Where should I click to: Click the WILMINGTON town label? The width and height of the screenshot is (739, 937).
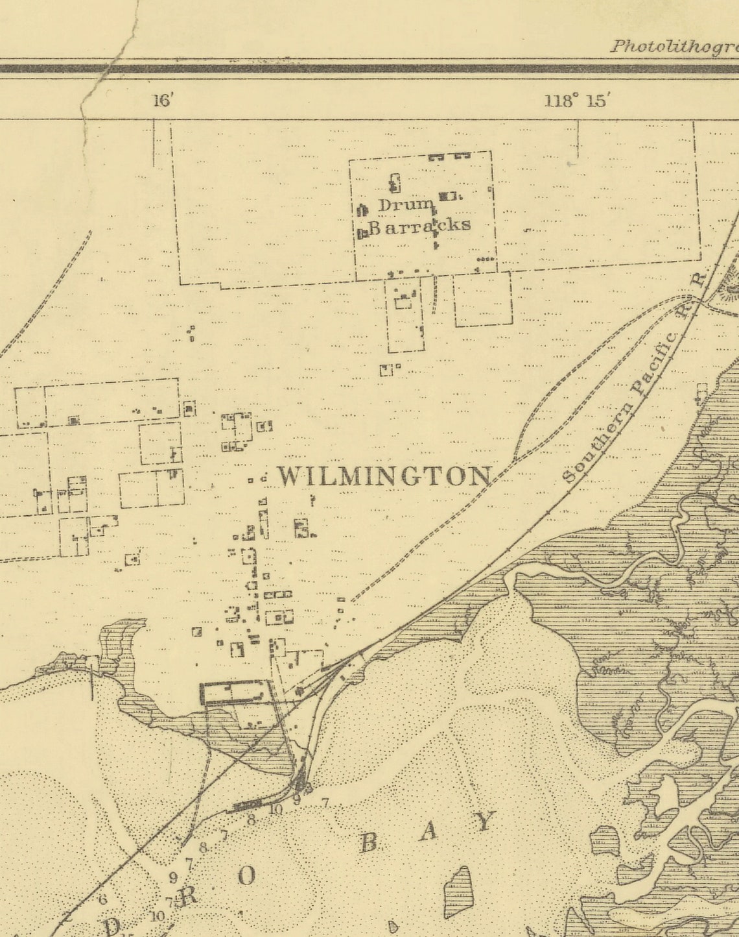point(384,476)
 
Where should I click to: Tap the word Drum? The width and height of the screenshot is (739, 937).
point(406,205)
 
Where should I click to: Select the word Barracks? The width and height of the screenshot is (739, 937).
point(419,225)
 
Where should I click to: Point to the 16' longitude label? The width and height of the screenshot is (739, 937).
point(163,101)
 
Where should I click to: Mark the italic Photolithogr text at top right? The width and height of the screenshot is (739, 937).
point(674,46)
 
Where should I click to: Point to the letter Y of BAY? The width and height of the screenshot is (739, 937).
point(485,821)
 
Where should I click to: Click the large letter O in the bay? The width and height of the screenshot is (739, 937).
point(246,877)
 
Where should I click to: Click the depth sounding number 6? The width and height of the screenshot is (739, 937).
point(102,899)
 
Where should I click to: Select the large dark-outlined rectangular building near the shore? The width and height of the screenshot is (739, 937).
point(235,693)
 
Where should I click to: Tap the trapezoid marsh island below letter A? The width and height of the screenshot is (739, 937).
point(458,892)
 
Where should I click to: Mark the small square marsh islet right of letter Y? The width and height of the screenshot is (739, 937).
point(605,840)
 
